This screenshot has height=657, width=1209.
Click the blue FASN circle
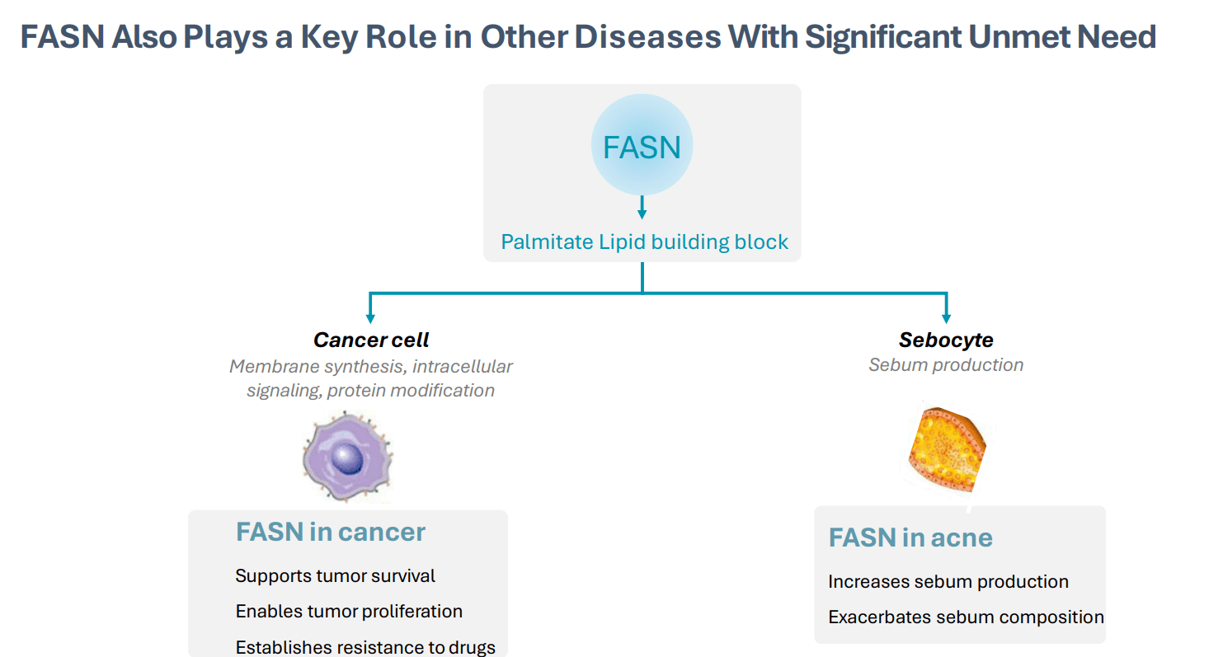[x=642, y=146]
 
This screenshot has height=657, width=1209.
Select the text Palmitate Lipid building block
[x=644, y=242]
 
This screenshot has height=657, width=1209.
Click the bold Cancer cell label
[x=371, y=340]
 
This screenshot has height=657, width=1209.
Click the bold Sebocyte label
[x=946, y=340]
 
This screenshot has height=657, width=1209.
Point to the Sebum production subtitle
[x=946, y=365]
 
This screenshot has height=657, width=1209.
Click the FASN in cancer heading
[x=330, y=532]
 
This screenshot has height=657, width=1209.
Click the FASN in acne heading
[x=910, y=537]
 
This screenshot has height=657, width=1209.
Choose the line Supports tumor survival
[x=335, y=575]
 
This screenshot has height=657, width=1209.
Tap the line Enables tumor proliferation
[x=348, y=611]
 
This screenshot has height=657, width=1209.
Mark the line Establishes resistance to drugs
[x=365, y=647]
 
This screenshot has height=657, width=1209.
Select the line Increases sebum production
[x=948, y=581]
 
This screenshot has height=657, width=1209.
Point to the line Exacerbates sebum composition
[x=966, y=617]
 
